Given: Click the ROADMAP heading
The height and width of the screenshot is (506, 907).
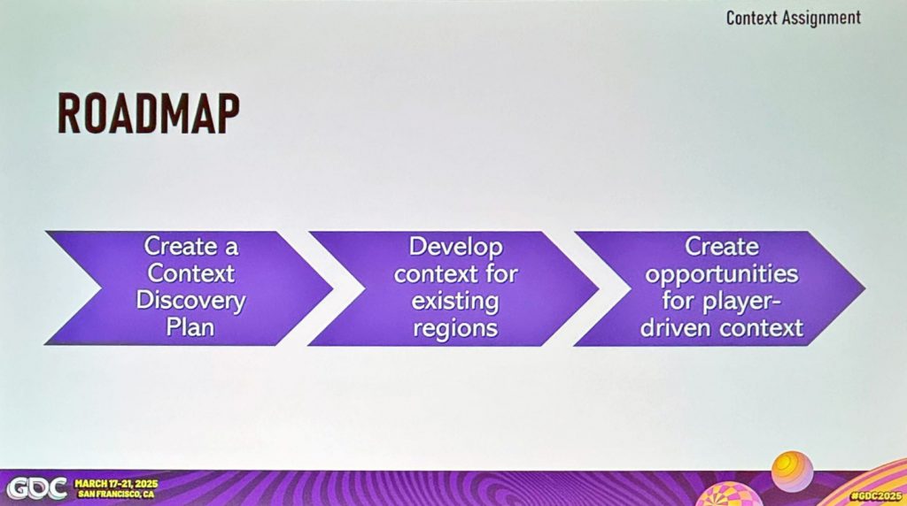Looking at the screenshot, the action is pyautogui.click(x=148, y=114).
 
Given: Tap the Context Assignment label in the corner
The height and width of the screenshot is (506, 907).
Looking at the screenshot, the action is pyautogui.click(x=793, y=18).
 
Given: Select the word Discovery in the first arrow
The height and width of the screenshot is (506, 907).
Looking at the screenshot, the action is pyautogui.click(x=190, y=301).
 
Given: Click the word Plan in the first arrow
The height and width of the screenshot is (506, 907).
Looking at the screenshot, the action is pyautogui.click(x=190, y=327).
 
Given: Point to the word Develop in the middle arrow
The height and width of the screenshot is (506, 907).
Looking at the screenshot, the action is pyautogui.click(x=455, y=247).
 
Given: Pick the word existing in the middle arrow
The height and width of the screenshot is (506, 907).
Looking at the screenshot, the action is pyautogui.click(x=455, y=301).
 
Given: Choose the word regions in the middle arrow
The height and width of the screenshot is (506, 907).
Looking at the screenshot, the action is pyautogui.click(x=455, y=328).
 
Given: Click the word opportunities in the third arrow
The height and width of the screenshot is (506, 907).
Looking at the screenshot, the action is pyautogui.click(x=721, y=274).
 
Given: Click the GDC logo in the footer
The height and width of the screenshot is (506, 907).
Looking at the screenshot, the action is pyautogui.click(x=35, y=488).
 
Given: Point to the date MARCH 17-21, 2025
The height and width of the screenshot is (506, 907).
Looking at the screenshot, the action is pyautogui.click(x=116, y=484).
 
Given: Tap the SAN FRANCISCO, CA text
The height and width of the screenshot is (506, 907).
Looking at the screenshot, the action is pyautogui.click(x=116, y=494).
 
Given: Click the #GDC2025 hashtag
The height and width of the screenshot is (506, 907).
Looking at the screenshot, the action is pyautogui.click(x=876, y=496).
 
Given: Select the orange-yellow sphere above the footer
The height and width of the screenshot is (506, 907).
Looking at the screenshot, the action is pyautogui.click(x=792, y=471).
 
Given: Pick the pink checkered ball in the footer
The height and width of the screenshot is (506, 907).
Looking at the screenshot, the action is pyautogui.click(x=723, y=495).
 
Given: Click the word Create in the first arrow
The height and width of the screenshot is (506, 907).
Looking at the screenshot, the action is pyautogui.click(x=174, y=247).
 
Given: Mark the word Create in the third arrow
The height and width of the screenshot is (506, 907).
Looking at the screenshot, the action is pyautogui.click(x=721, y=247).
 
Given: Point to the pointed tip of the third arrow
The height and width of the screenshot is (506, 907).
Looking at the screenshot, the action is pyautogui.click(x=864, y=288).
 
